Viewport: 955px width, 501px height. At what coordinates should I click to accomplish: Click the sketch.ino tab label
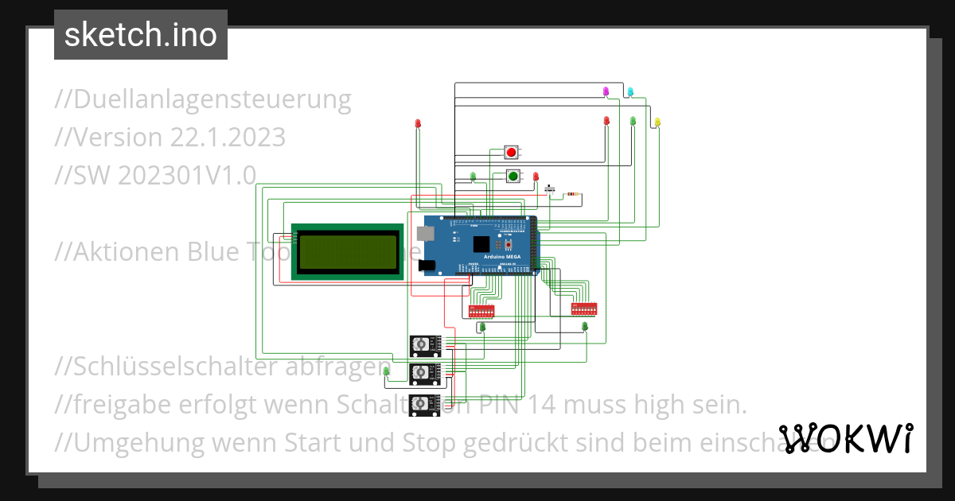coord(141,35)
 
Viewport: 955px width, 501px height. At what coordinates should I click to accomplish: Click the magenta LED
coord(606,91)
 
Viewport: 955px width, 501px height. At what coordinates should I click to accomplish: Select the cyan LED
coord(630,91)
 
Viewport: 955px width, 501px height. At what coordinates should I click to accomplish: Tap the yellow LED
coord(657,122)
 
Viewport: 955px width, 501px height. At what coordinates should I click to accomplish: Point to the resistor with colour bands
coord(573,193)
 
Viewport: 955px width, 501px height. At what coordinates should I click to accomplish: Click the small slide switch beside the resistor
coord(549,189)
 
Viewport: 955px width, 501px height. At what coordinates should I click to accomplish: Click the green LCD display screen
coord(348,251)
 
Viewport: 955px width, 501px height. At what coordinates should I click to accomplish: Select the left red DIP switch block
coord(482,309)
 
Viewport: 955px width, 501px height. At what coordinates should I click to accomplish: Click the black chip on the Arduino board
coord(480,244)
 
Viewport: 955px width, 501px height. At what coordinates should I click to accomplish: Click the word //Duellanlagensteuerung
coord(203,99)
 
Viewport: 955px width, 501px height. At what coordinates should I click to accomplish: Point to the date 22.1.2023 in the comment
coord(228,138)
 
